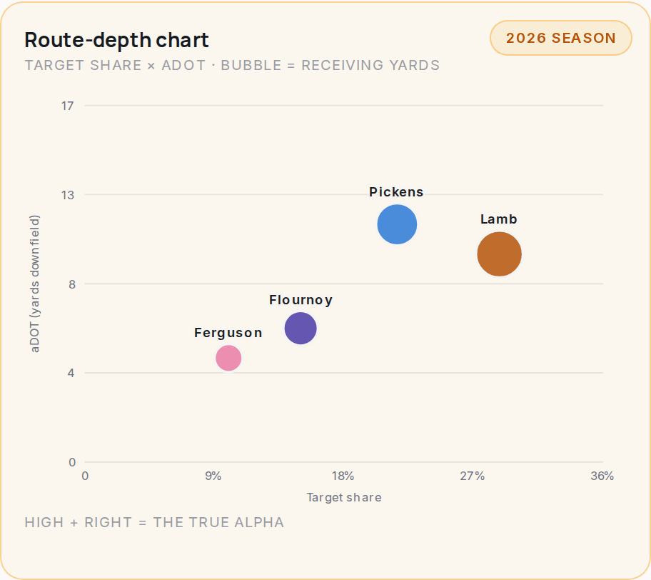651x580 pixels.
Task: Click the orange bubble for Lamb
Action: [x=499, y=254]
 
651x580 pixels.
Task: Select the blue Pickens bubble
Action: [x=397, y=224]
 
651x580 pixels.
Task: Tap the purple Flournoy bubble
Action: [x=301, y=329]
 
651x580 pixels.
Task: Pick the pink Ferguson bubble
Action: [x=228, y=358]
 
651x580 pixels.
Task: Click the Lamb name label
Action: [x=499, y=219]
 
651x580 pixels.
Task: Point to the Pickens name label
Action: [x=396, y=192]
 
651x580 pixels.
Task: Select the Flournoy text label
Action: [x=301, y=300]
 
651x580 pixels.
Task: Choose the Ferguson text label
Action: [x=228, y=333]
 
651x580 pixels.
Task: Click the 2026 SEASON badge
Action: [x=561, y=38]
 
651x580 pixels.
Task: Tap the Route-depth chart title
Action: [x=116, y=40]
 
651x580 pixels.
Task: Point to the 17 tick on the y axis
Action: [x=68, y=106]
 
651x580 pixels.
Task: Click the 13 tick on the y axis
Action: [x=68, y=195]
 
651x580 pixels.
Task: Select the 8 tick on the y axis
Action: [x=72, y=284]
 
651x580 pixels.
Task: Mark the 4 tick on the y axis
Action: [x=71, y=373]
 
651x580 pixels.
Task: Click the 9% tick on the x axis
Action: [x=213, y=476]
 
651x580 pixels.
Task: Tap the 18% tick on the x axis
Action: [x=343, y=476]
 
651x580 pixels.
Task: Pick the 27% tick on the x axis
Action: [x=473, y=476]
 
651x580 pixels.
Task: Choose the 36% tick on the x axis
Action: [x=602, y=476]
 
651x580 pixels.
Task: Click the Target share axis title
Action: [x=344, y=497]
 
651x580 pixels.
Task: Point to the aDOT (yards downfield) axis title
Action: [x=35, y=284]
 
